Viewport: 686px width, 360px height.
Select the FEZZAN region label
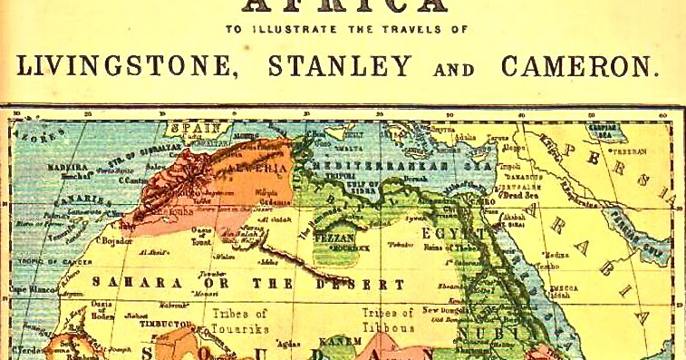coord(333,237)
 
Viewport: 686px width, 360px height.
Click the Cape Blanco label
coord(25,289)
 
